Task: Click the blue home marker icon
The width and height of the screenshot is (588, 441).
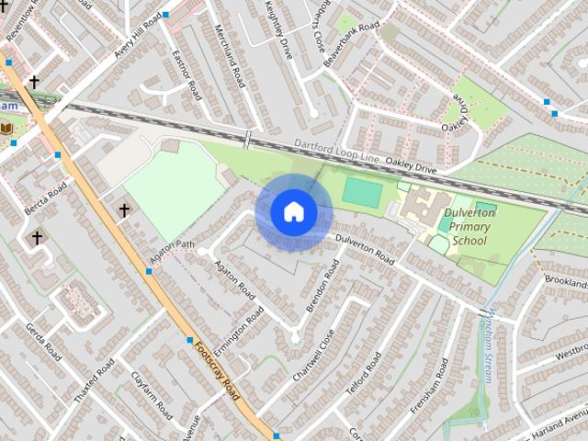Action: point(293,211)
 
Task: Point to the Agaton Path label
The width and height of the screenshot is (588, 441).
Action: point(175,248)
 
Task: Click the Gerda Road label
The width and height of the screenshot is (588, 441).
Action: point(42,341)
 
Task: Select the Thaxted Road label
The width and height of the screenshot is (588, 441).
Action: point(94,380)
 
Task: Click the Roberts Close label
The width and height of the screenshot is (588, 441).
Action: point(315,30)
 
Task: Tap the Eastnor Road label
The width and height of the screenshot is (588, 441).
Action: point(187,74)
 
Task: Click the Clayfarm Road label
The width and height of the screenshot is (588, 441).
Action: point(151,395)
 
